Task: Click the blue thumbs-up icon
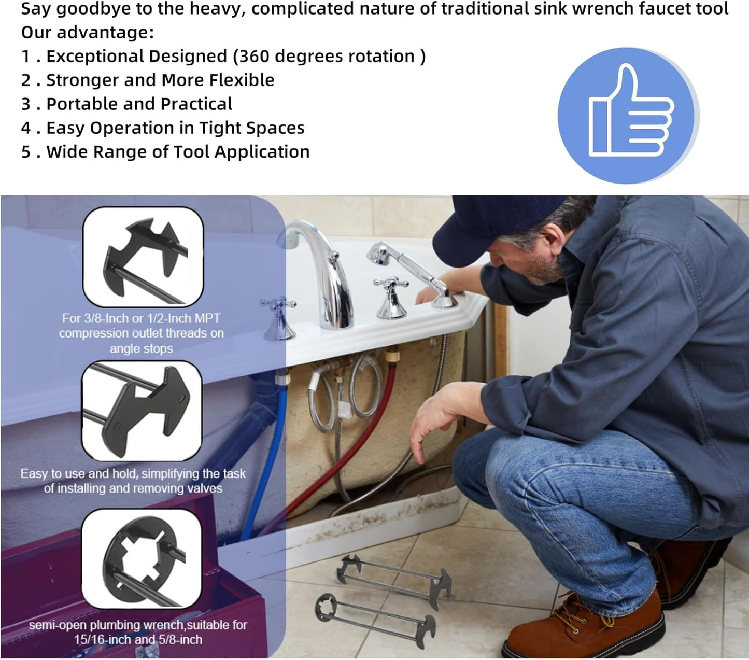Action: [628, 116]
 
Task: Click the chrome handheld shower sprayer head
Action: [381, 254]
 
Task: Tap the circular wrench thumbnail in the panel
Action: [142, 558]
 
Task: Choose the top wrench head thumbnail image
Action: [143, 257]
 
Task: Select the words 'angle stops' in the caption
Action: [141, 349]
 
